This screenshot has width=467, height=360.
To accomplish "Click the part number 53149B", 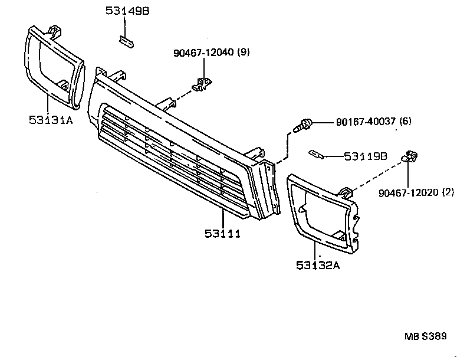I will coord(127,10).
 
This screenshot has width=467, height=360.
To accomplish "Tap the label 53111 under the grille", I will coord(223,234).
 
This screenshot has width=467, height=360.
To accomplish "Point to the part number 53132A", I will coord(319,265).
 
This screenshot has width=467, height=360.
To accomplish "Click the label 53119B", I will coord(366,156).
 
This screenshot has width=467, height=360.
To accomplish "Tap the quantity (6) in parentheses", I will coord(404,122).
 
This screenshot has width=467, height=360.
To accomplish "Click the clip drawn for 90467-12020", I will coord(409,156).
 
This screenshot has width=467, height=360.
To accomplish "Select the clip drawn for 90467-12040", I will coord(203,83).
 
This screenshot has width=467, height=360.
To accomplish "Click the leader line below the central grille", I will coord(223,218).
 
